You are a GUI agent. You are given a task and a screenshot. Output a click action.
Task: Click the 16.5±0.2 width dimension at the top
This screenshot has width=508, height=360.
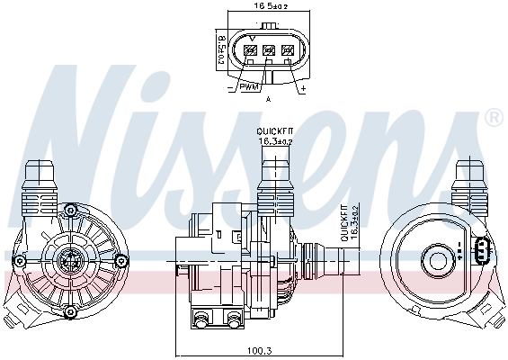(269, 5)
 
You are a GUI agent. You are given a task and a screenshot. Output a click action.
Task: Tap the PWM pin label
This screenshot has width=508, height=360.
(249, 87)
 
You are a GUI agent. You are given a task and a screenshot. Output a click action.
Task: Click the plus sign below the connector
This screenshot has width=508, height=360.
(303, 89)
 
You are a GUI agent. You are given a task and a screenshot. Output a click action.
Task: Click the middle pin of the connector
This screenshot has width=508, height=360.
(268, 51)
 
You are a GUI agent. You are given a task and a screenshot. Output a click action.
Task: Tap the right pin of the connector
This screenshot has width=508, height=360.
(288, 51)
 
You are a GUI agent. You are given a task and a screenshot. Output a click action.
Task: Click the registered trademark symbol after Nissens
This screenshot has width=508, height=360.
(494, 118)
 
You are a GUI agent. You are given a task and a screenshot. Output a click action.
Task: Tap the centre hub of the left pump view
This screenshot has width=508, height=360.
(69, 262)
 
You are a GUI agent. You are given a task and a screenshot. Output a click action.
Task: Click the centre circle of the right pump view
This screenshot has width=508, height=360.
(440, 262)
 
